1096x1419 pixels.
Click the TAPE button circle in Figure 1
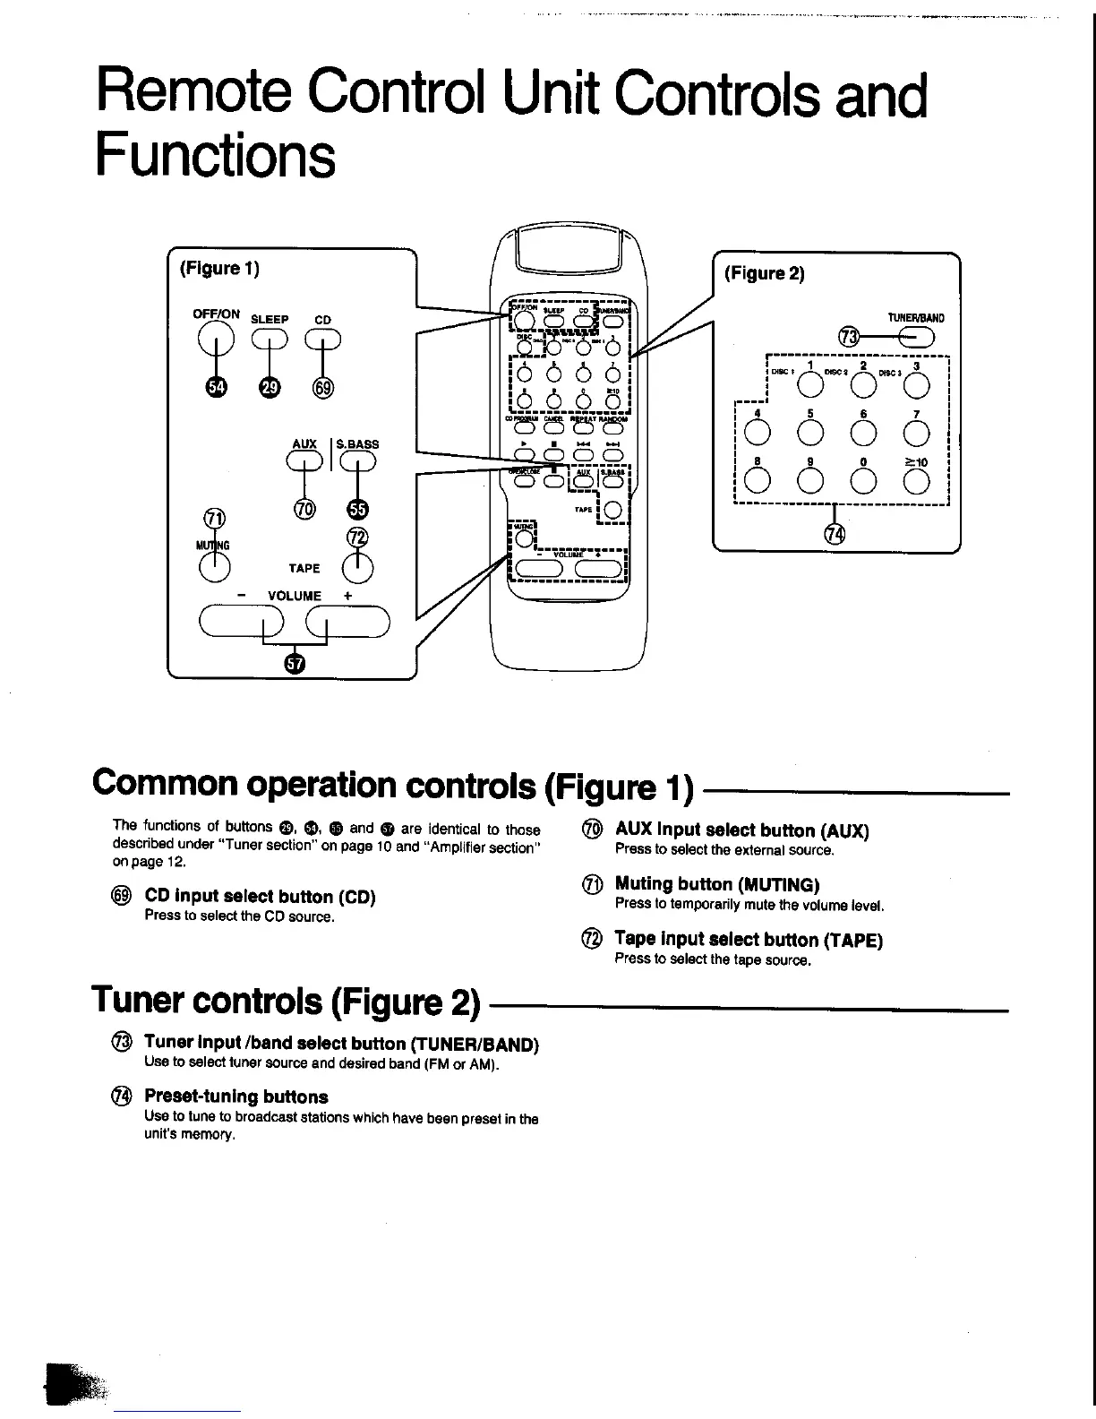point(357,567)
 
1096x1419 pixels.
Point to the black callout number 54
point(216,386)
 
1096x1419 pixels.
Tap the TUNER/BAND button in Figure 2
point(915,337)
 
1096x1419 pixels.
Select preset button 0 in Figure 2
point(863,481)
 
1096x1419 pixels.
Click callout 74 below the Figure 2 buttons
point(835,535)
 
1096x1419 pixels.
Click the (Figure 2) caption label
point(764,273)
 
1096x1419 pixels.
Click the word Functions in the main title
point(216,155)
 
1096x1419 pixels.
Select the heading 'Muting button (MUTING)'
point(717,885)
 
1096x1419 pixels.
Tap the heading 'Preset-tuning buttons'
point(235,1096)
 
